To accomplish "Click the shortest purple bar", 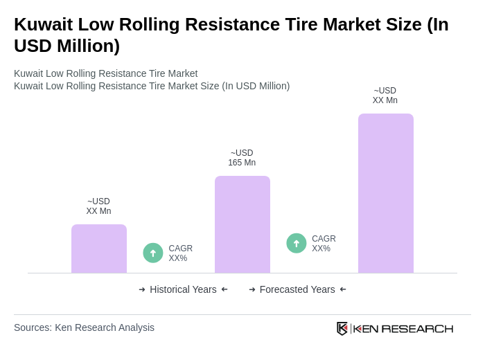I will pyautogui.click(x=99, y=249).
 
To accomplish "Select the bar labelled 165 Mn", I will pyautogui.click(x=242, y=224).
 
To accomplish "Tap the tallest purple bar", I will pyautogui.click(x=385, y=193).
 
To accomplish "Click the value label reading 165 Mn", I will pyautogui.click(x=242, y=158).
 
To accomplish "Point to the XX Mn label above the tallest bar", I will pyautogui.click(x=385, y=96).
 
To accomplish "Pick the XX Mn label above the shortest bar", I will pyautogui.click(x=98, y=206).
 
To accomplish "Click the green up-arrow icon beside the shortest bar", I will pyautogui.click(x=153, y=253).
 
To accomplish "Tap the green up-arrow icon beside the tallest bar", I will pyautogui.click(x=297, y=243).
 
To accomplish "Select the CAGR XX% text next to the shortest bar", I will pyautogui.click(x=180, y=253).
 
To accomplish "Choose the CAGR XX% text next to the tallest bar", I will pyautogui.click(x=324, y=244).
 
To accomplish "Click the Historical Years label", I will pyautogui.click(x=183, y=289).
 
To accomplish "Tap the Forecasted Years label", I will pyautogui.click(x=297, y=289).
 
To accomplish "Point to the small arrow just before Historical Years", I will pyautogui.click(x=142, y=289).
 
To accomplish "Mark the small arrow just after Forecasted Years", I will pyautogui.click(x=343, y=289).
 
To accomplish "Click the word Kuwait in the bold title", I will pyautogui.click(x=43, y=24).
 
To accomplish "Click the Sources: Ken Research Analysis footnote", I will pyautogui.click(x=84, y=327).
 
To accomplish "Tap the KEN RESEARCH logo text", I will pyautogui.click(x=403, y=328).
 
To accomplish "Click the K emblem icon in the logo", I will pyautogui.click(x=342, y=328).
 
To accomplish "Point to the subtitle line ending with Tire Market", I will pyautogui.click(x=105, y=73).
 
